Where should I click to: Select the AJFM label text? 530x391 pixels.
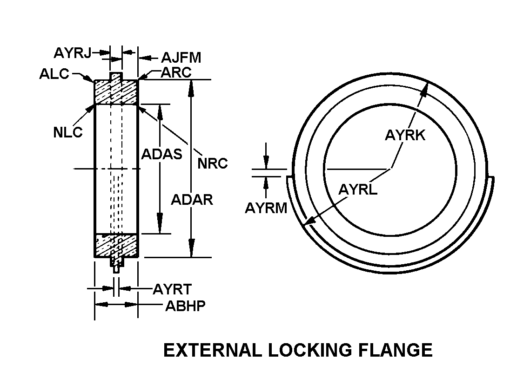coord(181,58)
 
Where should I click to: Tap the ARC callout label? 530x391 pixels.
coord(176,72)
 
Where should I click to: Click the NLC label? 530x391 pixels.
coord(67,132)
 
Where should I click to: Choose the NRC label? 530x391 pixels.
coord(213,163)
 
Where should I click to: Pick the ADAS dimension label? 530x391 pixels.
coord(161,154)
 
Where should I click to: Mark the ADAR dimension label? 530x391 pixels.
coord(192,200)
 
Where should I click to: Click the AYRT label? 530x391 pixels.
coord(172,289)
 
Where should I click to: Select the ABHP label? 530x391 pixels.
coord(185,306)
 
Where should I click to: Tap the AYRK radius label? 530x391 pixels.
coord(405,135)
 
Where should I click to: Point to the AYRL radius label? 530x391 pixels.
coord(357,190)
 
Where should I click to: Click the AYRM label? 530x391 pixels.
coord(266,209)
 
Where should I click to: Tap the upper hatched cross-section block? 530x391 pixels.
coord(116,92)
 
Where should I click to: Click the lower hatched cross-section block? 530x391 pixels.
coord(116,245)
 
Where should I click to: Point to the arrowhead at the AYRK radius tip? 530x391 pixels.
coord(426,90)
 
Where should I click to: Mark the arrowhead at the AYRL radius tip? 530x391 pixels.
coord(307,224)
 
